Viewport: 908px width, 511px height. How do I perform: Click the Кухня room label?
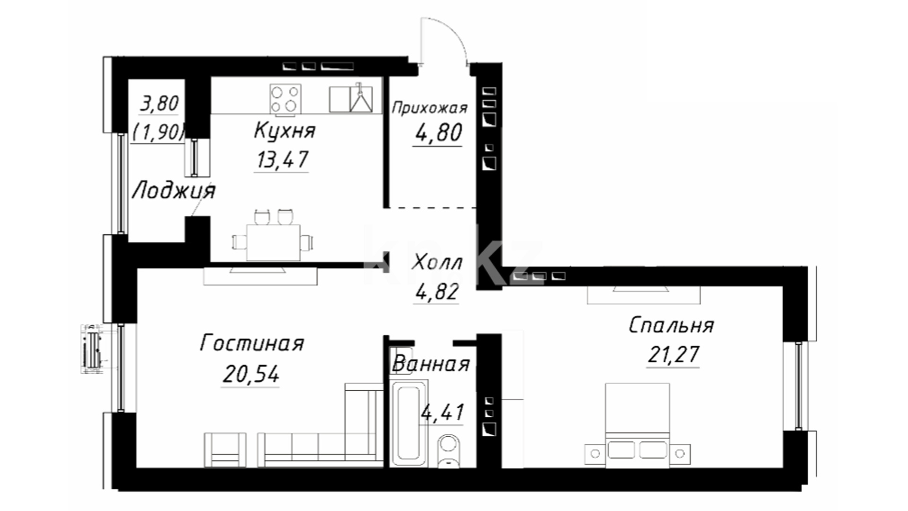coord(285,131)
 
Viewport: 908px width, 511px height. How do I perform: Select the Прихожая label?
coord(429,108)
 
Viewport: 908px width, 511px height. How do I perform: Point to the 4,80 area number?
coord(438,133)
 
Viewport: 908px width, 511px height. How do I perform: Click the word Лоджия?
coord(173,191)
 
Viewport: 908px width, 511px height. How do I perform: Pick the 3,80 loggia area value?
coord(159,104)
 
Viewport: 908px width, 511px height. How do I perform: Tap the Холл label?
coord(437,262)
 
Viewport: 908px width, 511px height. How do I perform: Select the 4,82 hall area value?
coord(437,291)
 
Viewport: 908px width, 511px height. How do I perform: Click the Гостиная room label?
coord(252,343)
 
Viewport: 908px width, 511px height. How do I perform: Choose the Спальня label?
coord(671,326)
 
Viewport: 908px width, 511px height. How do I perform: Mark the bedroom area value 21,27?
coord(673,354)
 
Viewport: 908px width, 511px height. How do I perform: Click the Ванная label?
coord(431,364)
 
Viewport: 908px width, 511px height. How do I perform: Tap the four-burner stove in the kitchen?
coord(285,99)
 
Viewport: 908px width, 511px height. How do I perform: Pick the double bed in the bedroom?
coord(637,425)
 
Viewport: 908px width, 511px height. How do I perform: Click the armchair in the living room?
coord(225,450)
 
